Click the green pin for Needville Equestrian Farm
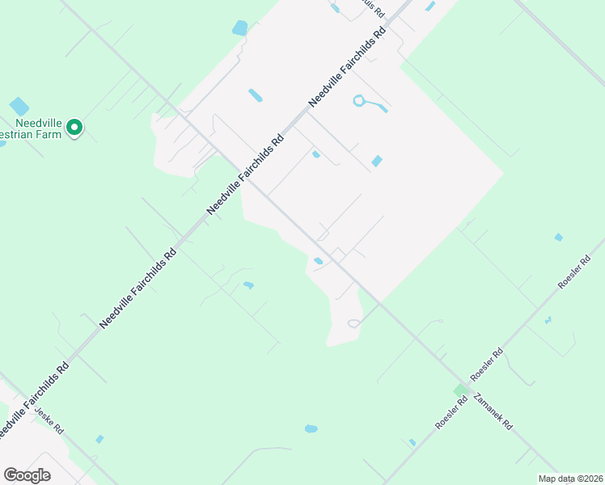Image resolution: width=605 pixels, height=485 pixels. [x=74, y=128]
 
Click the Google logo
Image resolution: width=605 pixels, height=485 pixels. [x=27, y=475]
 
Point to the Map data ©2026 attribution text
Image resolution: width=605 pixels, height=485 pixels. [x=570, y=479]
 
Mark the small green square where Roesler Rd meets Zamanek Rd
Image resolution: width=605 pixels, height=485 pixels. [x=460, y=390]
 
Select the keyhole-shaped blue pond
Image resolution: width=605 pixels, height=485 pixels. [x=368, y=103]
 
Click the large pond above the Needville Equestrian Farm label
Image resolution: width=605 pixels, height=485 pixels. [x=19, y=106]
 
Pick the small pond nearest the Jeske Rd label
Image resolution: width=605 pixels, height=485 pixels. [x=99, y=439]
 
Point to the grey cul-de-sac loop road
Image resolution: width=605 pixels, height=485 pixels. [x=353, y=323]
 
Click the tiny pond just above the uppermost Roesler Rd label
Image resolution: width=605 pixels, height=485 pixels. [x=558, y=237]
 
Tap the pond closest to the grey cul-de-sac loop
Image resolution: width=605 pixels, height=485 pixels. [x=319, y=260]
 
